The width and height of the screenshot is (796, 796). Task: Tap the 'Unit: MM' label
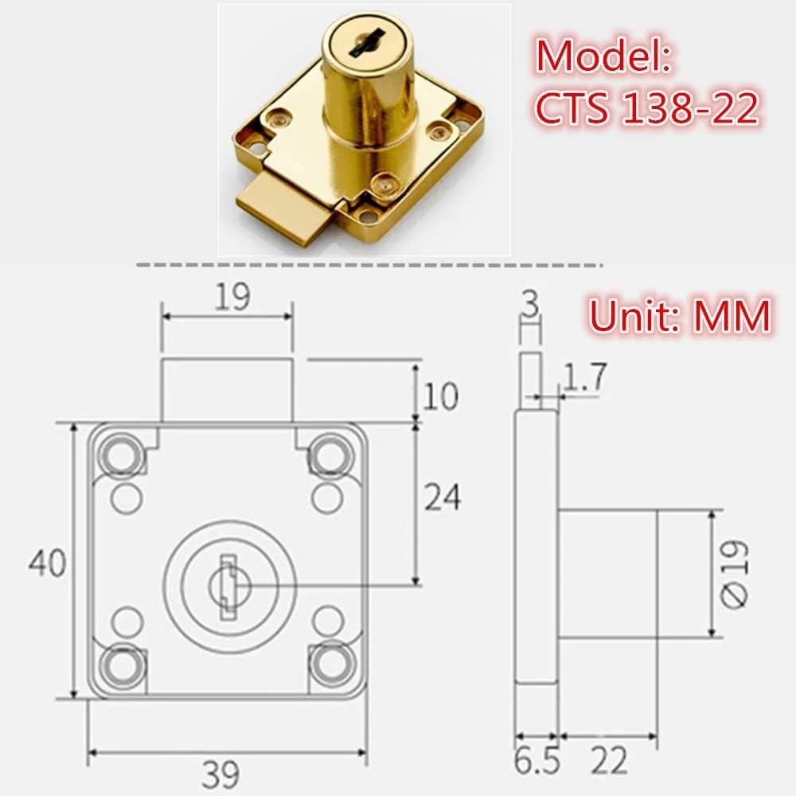(679, 316)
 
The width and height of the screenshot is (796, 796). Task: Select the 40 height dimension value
(46, 563)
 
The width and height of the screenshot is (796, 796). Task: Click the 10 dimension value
(439, 396)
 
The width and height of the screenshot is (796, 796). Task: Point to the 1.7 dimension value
(584, 377)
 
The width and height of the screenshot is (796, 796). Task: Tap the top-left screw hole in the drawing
(121, 455)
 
